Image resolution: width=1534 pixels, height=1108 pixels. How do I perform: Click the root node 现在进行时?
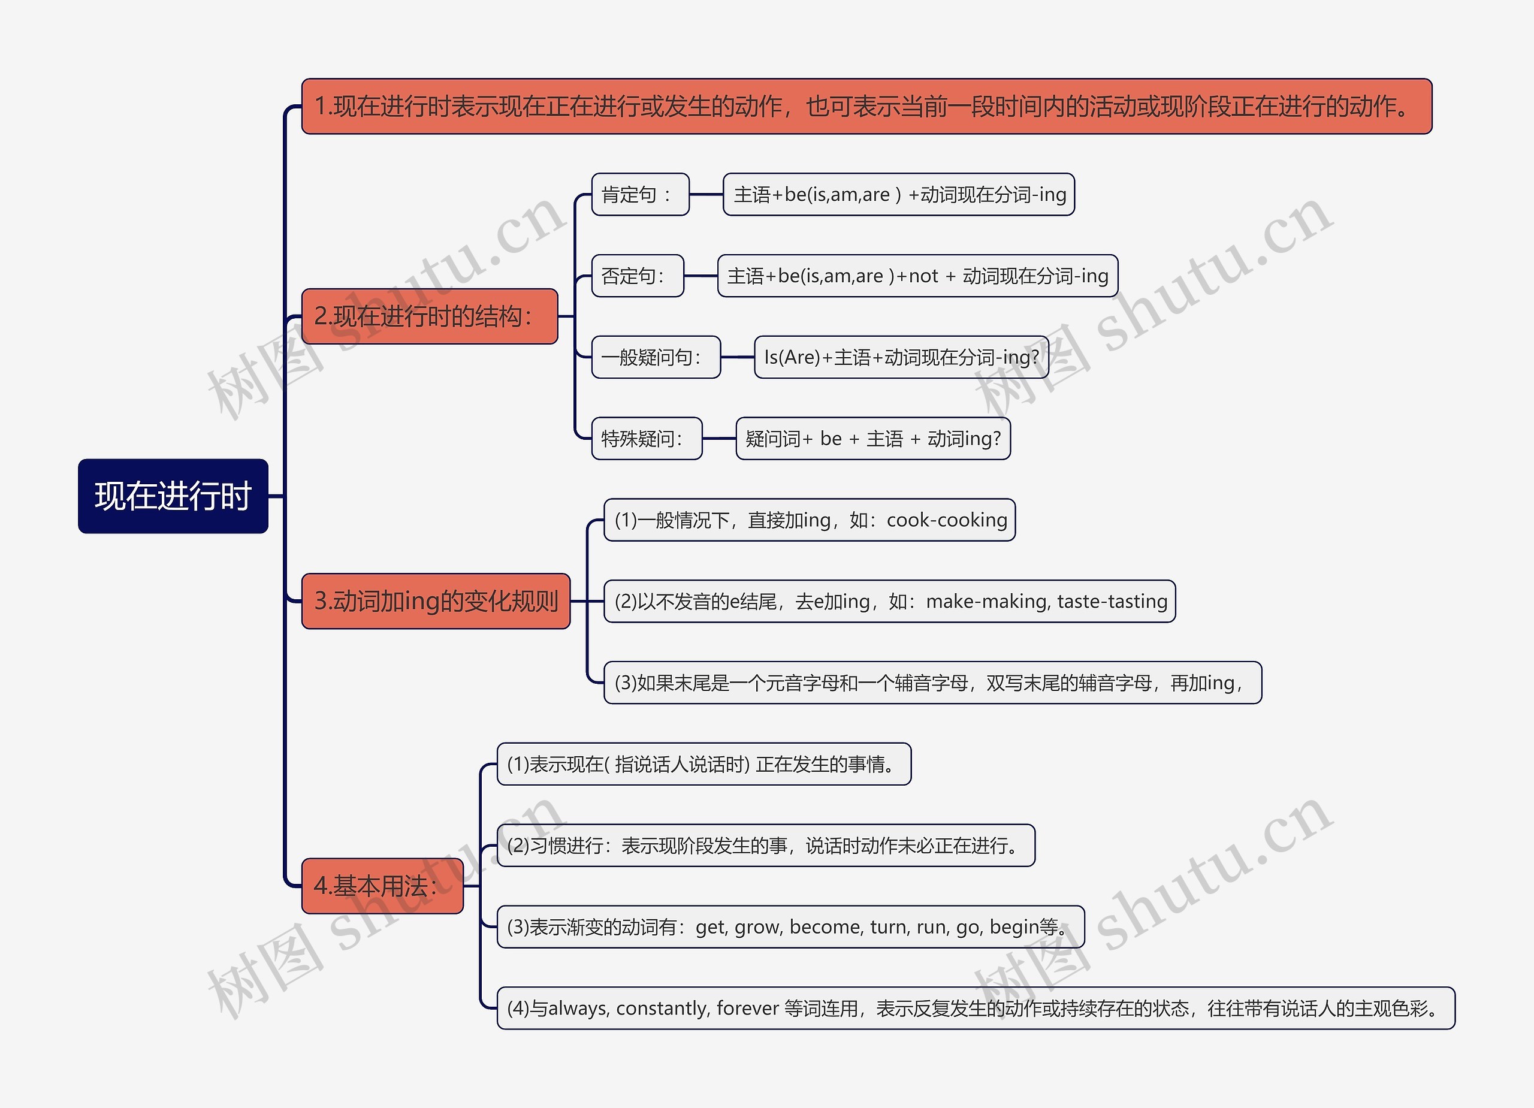tap(173, 496)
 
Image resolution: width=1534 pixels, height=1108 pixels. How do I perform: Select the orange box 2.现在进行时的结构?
tap(429, 316)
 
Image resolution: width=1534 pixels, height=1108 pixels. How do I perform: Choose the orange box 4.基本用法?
tap(382, 886)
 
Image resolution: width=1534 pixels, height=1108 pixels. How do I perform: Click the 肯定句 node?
tap(640, 195)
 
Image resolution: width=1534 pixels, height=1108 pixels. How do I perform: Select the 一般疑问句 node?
tap(656, 357)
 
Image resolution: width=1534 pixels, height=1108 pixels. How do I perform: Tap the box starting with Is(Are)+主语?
tap(901, 357)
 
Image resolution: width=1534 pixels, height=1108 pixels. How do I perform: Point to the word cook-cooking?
tap(946, 520)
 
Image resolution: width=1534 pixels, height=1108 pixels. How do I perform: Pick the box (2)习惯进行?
tap(766, 846)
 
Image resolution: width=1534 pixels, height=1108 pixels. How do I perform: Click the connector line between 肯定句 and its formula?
tap(706, 195)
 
